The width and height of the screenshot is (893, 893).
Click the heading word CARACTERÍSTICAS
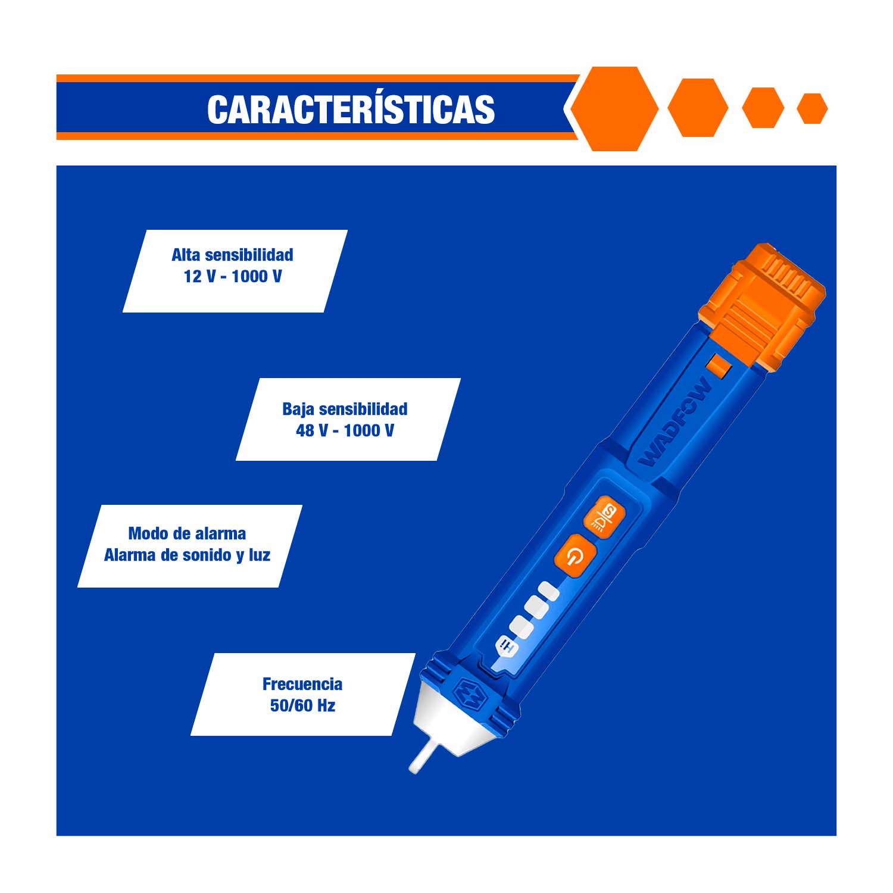(x=351, y=110)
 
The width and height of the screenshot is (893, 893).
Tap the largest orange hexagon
(x=614, y=108)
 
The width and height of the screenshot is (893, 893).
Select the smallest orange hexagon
(x=812, y=108)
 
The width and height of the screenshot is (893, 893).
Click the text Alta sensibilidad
(x=232, y=255)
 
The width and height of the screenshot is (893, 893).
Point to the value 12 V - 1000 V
(x=233, y=276)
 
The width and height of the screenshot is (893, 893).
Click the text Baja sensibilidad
(x=345, y=409)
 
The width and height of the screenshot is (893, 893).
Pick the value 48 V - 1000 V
(x=345, y=430)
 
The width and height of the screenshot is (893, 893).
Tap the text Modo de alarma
(x=187, y=533)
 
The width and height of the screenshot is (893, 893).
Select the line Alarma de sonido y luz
(x=187, y=555)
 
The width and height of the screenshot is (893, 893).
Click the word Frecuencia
(x=302, y=684)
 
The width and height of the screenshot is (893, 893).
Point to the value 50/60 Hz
(x=302, y=705)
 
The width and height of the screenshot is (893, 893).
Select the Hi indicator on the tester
(x=505, y=645)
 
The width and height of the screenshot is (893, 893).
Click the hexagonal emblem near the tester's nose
(x=469, y=694)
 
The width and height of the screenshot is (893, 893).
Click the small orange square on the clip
(x=719, y=367)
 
